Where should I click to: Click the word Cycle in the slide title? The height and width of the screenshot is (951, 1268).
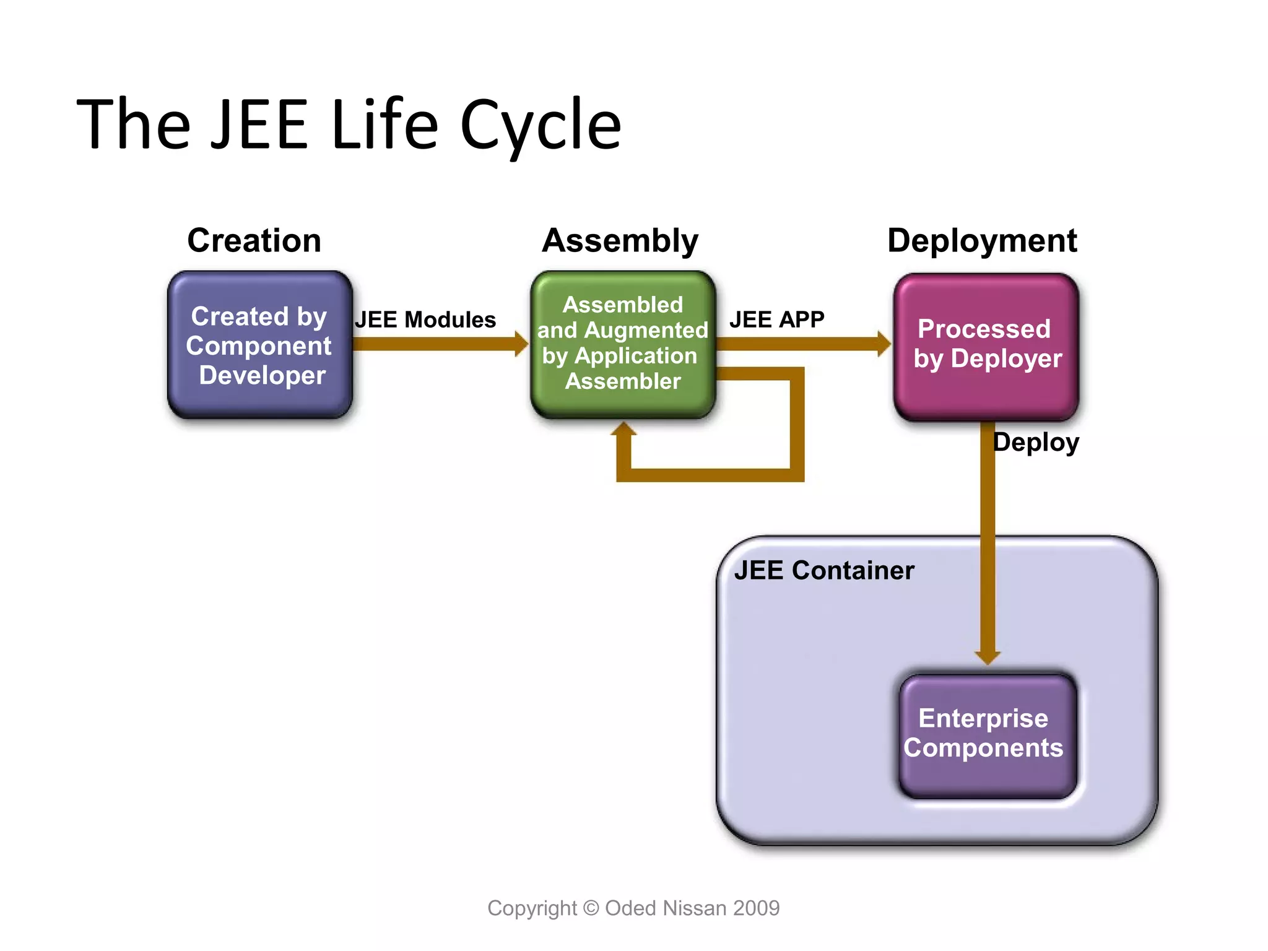tap(540, 126)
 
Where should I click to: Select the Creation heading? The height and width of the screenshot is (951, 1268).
tap(254, 240)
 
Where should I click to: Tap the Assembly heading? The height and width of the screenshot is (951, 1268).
tap(620, 240)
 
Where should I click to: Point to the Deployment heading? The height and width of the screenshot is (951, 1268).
tap(982, 240)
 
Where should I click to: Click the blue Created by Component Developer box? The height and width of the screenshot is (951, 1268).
tap(259, 345)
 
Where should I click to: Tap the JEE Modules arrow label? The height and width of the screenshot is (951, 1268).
tap(425, 319)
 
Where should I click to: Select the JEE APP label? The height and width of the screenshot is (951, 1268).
tap(776, 319)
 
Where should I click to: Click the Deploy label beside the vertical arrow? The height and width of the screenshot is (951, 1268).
tap(1036, 442)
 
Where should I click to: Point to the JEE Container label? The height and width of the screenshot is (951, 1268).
tap(823, 570)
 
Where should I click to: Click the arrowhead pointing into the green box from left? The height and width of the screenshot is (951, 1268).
tap(521, 344)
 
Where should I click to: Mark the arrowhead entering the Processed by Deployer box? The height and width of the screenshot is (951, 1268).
tap(884, 344)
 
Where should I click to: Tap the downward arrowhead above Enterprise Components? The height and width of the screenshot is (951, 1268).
tap(987, 658)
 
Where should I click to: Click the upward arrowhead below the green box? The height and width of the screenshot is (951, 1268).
tap(623, 429)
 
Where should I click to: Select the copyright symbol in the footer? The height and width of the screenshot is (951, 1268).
tap(591, 908)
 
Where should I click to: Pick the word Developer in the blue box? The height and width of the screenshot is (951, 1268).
tap(263, 375)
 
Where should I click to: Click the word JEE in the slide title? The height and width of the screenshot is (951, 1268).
tap(259, 125)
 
